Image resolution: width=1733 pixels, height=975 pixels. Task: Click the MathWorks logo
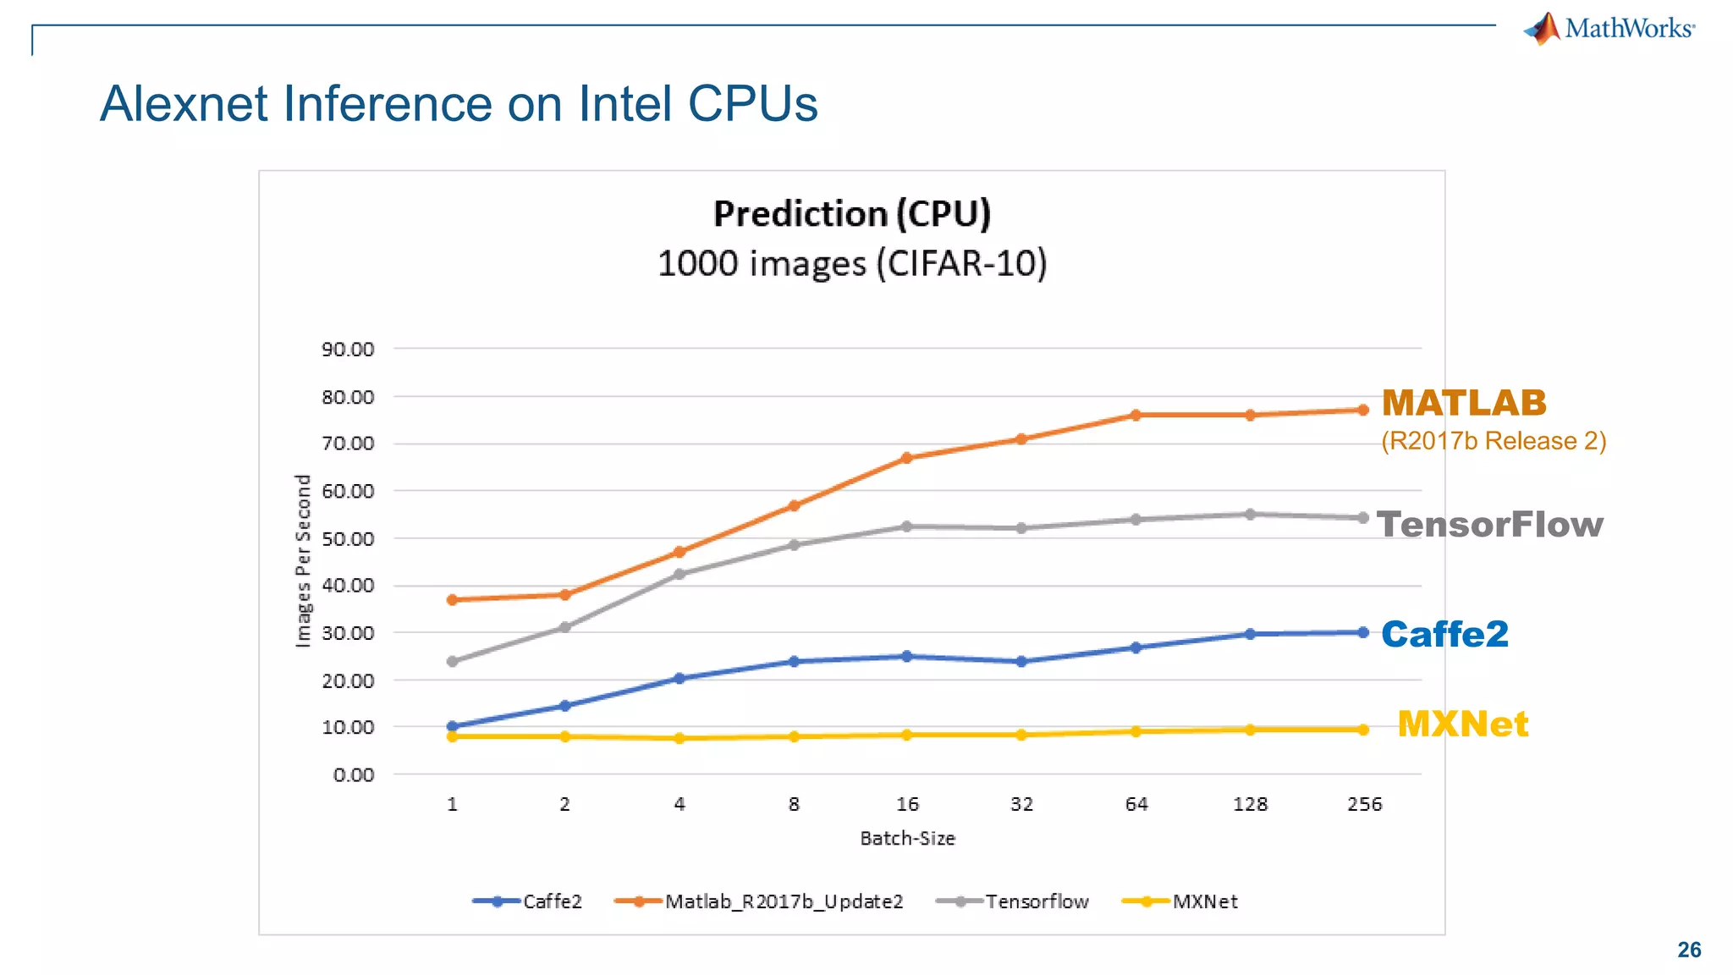[1609, 29]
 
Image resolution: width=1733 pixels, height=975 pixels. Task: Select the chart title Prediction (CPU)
[851, 213]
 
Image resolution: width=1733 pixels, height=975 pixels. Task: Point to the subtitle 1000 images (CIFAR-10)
[851, 263]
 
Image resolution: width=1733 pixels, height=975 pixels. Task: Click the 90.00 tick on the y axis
[348, 350]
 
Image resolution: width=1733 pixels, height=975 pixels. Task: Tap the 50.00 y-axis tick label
[348, 539]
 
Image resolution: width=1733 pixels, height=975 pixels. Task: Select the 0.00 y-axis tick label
[354, 775]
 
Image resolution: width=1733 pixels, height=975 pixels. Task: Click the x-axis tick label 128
[1250, 804]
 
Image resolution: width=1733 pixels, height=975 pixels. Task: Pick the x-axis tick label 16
[907, 804]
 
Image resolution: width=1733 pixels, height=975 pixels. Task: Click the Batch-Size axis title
[907, 839]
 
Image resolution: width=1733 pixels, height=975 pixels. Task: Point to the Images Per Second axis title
[303, 561]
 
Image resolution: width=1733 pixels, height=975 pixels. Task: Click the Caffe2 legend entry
[528, 902]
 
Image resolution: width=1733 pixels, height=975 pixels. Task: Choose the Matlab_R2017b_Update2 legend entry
[759, 902]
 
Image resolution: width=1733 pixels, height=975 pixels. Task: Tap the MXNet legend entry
[1180, 902]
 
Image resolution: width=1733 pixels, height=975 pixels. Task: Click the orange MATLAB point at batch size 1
[452, 600]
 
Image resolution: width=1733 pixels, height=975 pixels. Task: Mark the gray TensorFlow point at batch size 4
[679, 574]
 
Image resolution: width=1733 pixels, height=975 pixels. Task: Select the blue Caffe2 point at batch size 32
[1021, 662]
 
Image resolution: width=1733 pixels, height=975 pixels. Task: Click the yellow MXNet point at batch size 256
[1363, 730]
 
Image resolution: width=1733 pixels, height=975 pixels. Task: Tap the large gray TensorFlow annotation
[1489, 525]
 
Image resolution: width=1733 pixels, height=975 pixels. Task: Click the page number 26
[1689, 950]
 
